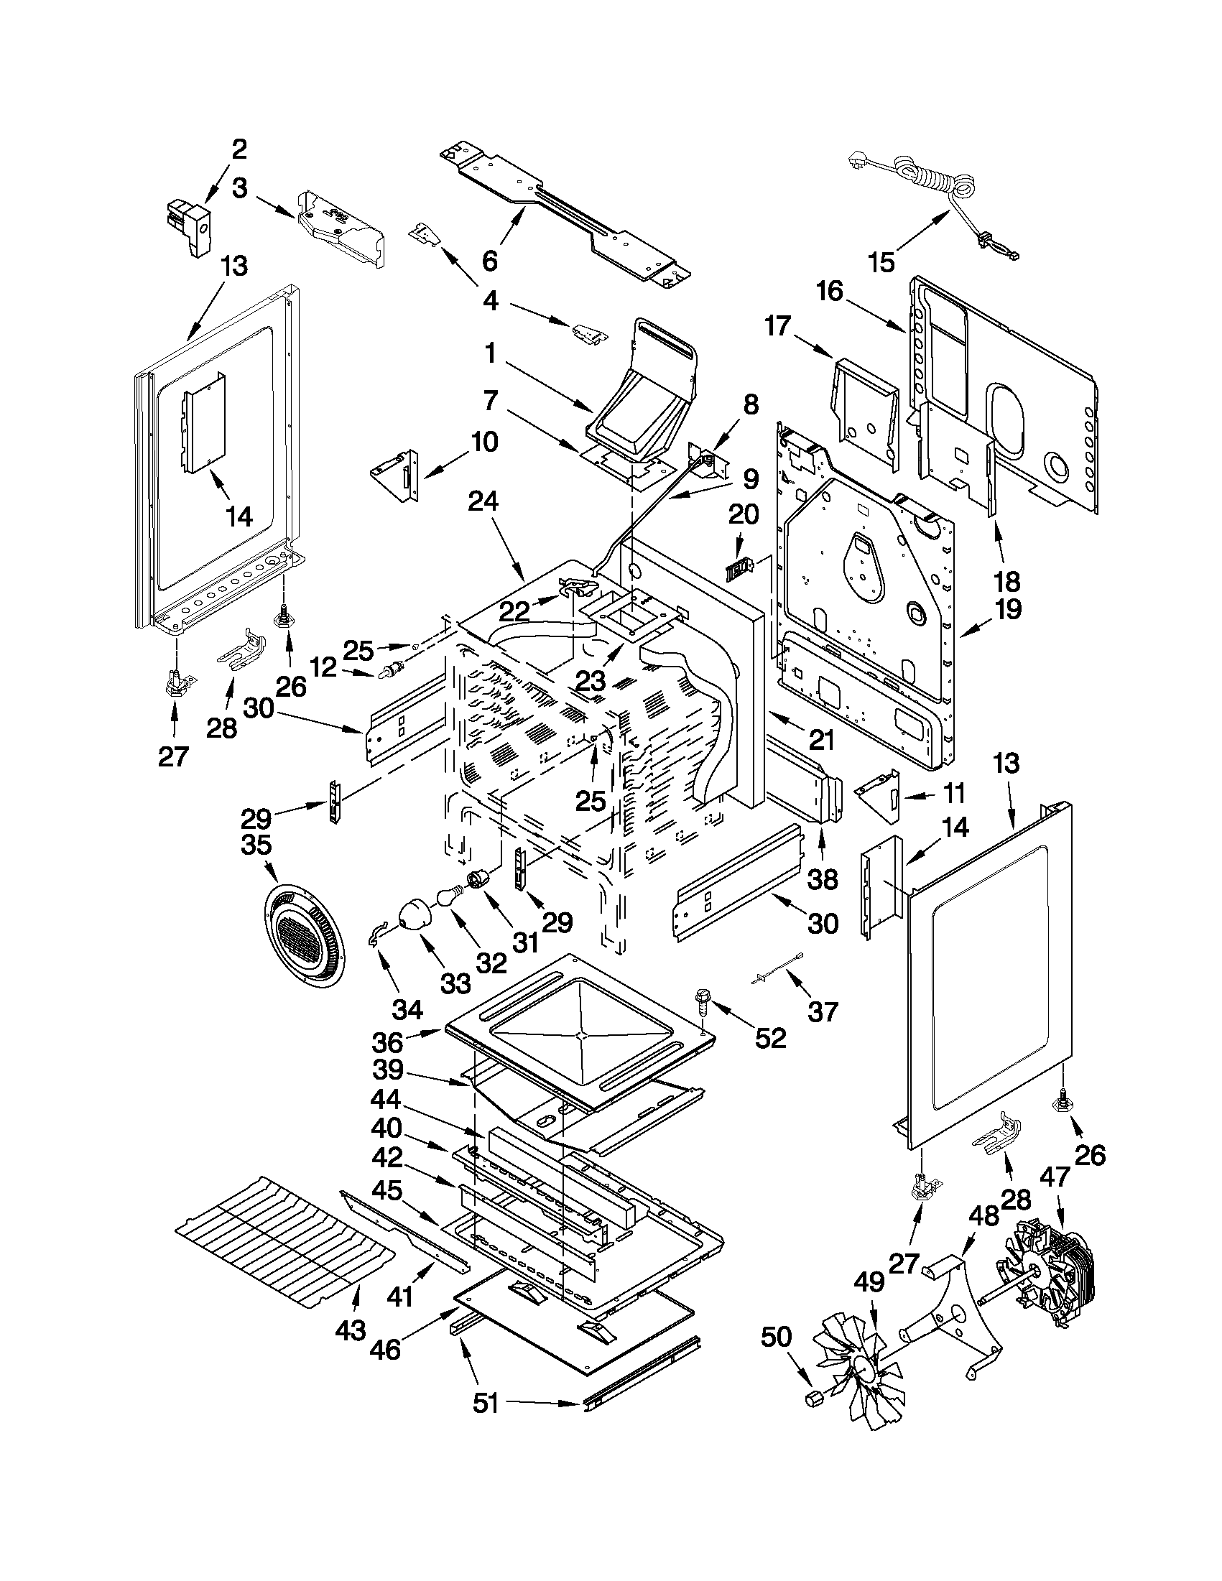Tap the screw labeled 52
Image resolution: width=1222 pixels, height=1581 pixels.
[x=702, y=1001]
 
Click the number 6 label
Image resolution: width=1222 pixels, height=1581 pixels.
[x=490, y=261]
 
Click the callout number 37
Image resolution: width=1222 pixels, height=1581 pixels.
[x=822, y=1011]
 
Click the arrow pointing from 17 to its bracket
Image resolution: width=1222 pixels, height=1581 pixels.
[x=815, y=344]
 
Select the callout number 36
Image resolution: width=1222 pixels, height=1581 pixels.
[x=388, y=1042]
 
